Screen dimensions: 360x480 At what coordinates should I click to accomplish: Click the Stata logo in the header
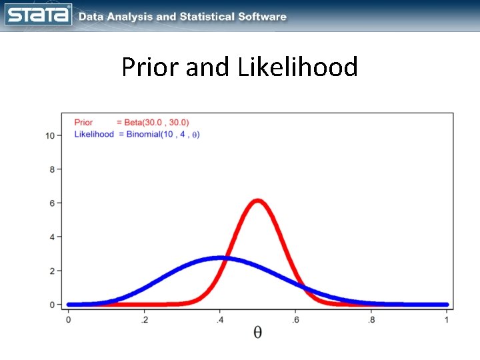click(x=39, y=15)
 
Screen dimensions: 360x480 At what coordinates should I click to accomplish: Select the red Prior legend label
click(x=83, y=123)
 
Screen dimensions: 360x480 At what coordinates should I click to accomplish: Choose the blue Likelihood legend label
click(x=93, y=134)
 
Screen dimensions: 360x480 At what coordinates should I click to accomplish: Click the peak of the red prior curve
click(x=257, y=201)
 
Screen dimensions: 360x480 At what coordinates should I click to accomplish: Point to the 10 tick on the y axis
click(x=50, y=135)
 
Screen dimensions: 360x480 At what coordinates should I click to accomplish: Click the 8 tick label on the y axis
click(x=52, y=169)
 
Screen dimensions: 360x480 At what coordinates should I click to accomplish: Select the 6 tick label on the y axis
click(x=52, y=203)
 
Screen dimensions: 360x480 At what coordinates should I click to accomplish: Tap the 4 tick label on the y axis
click(x=52, y=237)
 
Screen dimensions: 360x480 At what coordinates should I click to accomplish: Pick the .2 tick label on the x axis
click(x=144, y=320)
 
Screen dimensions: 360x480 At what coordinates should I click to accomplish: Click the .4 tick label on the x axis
click(x=219, y=320)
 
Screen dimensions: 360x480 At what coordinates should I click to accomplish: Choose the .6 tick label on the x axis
click(x=295, y=320)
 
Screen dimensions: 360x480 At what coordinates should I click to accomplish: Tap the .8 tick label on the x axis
click(x=371, y=320)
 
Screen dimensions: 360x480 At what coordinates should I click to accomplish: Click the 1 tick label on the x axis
click(x=447, y=320)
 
